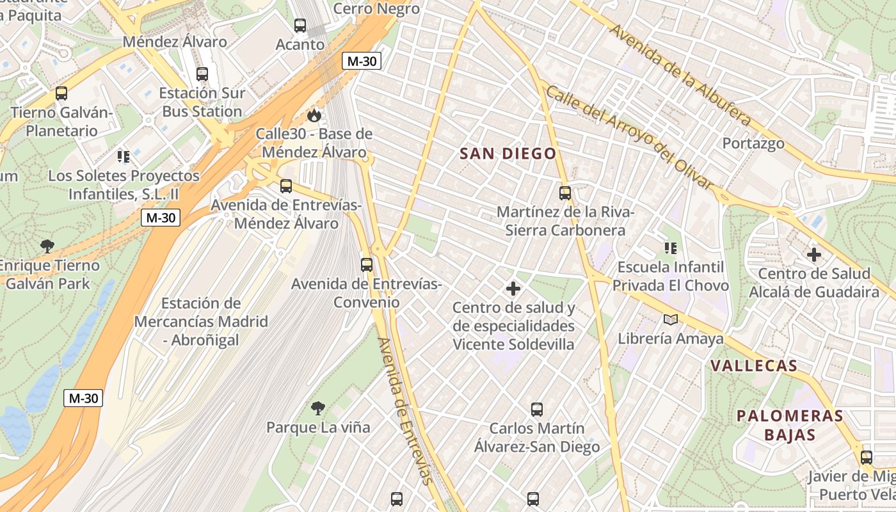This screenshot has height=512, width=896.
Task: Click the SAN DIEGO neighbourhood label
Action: pos(508,154)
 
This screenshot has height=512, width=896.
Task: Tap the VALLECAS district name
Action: pos(754,366)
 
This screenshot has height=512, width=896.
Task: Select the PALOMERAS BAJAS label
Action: pos(790,426)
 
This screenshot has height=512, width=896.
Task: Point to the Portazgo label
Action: pos(753,143)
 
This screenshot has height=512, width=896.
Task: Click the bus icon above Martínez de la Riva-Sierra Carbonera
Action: pos(565,193)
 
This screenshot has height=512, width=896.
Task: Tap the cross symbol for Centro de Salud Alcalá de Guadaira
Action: pos(814,255)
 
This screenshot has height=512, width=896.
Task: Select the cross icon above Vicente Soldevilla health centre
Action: pos(513,289)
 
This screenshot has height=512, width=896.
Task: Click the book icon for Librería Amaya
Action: pos(670,319)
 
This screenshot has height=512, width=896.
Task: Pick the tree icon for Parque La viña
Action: pos(318,408)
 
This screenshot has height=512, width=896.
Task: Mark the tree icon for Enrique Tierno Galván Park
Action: pos(47,246)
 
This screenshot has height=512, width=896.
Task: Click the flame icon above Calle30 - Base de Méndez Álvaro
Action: pos(314,115)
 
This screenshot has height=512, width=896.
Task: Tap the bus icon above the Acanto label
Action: pos(300,26)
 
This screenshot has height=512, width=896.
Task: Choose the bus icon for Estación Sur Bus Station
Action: pos(202,74)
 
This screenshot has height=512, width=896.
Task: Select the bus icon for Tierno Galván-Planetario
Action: pos(61,93)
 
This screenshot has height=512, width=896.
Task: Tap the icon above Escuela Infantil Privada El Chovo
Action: pos(670,248)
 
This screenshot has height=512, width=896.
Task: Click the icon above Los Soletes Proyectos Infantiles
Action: pos(124,156)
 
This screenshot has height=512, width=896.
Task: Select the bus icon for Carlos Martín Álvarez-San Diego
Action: pos(537,409)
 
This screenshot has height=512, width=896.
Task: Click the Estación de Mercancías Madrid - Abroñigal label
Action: pos(200,321)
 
